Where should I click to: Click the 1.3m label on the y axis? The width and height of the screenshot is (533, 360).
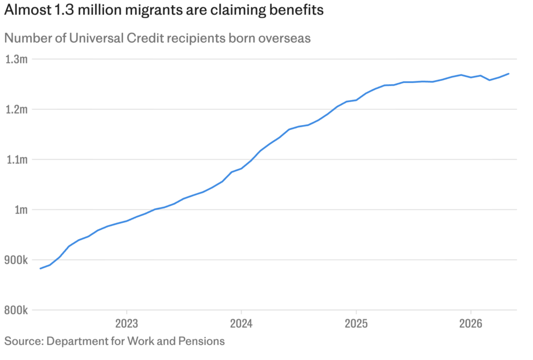pyautogui.click(x=16, y=59)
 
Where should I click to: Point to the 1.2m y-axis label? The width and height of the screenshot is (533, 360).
pyautogui.click(x=16, y=109)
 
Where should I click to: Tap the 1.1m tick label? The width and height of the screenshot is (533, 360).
pyautogui.click(x=17, y=159)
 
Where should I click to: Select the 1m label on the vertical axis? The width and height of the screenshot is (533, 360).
pyautogui.click(x=21, y=209)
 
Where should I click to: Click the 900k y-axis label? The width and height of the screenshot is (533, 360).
pyautogui.click(x=16, y=260)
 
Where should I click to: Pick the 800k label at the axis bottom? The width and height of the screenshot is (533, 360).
pyautogui.click(x=16, y=311)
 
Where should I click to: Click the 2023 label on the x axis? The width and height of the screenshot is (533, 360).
pyautogui.click(x=126, y=323)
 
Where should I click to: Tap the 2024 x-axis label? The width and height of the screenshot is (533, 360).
pyautogui.click(x=241, y=323)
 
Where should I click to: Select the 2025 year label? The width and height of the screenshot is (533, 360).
pyautogui.click(x=356, y=323)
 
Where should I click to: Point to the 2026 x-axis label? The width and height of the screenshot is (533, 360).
pyautogui.click(x=471, y=323)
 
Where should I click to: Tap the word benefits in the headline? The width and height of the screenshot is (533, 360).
pyautogui.click(x=296, y=9)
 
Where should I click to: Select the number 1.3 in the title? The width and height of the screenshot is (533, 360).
pyautogui.click(x=64, y=9)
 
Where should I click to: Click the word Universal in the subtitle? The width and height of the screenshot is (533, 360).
pyautogui.click(x=96, y=38)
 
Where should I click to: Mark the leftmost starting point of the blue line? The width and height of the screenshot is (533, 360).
pyautogui.click(x=40, y=269)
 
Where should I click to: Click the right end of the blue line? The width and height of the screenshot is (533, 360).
pyautogui.click(x=509, y=73)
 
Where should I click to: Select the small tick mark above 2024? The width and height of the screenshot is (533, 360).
pyautogui.click(x=241, y=313)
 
